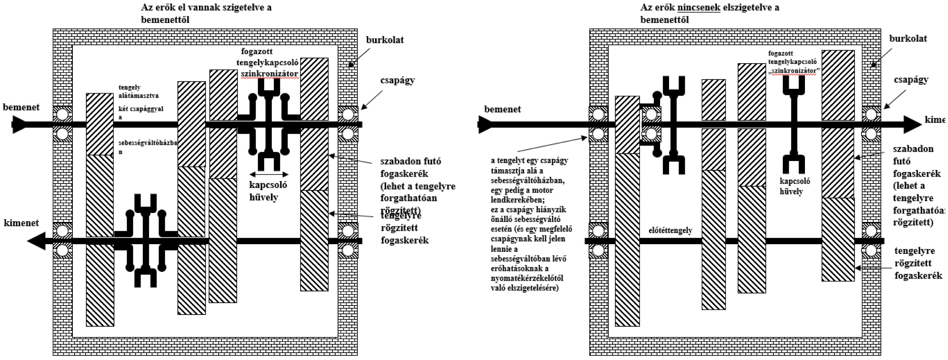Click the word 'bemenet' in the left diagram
[x=21, y=107]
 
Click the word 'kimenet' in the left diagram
[x=22, y=223]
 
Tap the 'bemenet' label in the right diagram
[x=502, y=109]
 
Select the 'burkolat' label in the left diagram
[x=385, y=40]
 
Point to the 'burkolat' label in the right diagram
[x=908, y=38]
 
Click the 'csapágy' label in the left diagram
[x=398, y=80]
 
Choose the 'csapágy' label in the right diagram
[x=911, y=80]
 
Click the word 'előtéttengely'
[x=670, y=231]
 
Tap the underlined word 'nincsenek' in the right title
[x=698, y=8]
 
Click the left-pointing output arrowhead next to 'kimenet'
[x=36, y=241]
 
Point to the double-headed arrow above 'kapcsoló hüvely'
[x=269, y=174]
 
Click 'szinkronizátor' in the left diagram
[x=269, y=74]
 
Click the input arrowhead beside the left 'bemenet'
[x=19, y=124]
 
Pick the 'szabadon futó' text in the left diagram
[x=410, y=161]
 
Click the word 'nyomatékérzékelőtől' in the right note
[x=527, y=278]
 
